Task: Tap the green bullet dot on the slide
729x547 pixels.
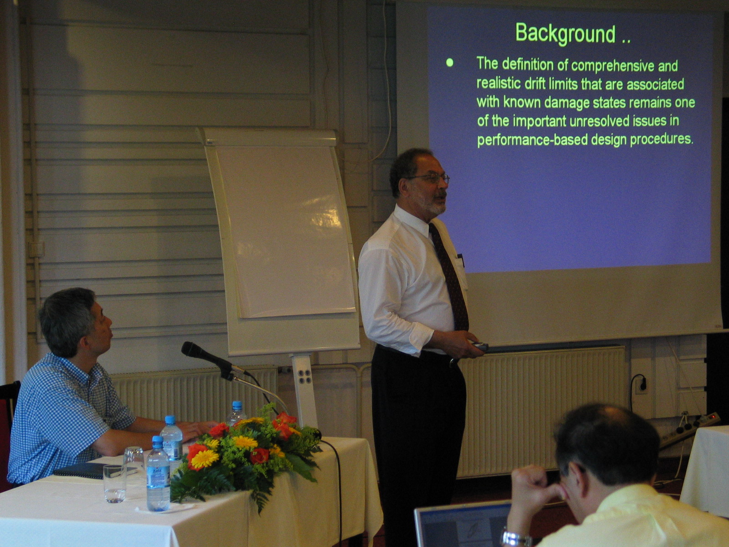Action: tap(450, 62)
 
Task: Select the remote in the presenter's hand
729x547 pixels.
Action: tap(480, 346)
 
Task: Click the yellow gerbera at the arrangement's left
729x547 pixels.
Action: tap(205, 459)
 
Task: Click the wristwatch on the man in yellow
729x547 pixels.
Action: tap(516, 538)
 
